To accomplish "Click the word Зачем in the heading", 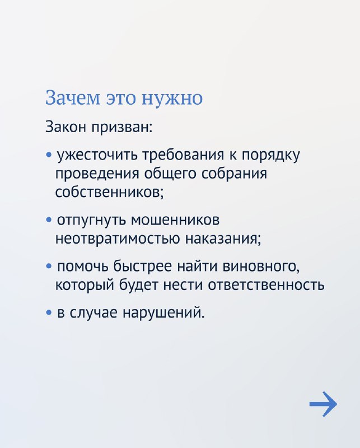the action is click(x=73, y=97).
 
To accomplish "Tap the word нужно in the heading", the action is click(x=172, y=97).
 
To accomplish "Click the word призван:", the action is click(x=122, y=128).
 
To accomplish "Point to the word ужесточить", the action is click(x=98, y=156).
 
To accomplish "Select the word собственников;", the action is click(x=110, y=192).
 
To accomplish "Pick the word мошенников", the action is click(x=175, y=220).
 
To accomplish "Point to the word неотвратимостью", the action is click(x=118, y=239).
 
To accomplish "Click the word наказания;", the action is click(x=223, y=239).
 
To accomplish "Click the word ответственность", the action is click(x=266, y=285).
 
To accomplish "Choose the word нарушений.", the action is click(x=163, y=313).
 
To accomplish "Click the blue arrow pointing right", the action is click(x=324, y=404).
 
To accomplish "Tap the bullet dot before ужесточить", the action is click(x=49, y=156).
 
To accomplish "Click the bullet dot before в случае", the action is click(x=49, y=313).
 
